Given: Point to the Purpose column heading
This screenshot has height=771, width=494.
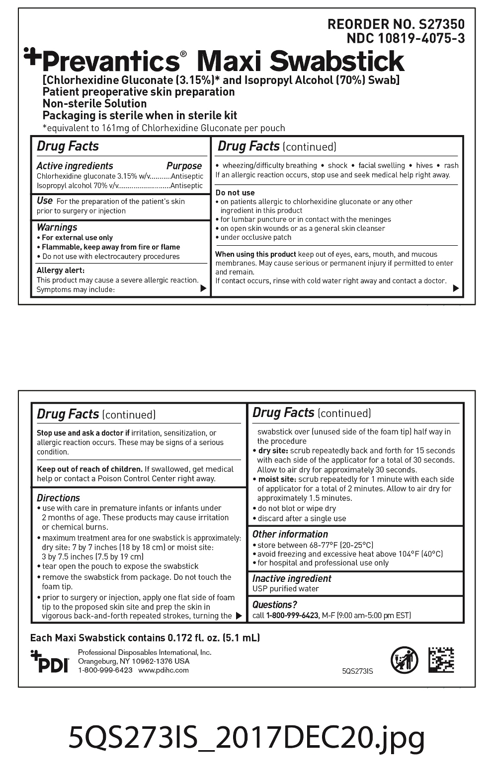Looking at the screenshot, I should pos(184,166).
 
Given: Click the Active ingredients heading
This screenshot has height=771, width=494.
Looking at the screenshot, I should pos(75,166).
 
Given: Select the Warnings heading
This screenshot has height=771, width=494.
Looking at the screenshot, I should pos(57,227).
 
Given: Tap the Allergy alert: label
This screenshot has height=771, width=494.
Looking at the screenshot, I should pos(61,271).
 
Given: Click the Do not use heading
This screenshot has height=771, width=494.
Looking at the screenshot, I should pos(235,193).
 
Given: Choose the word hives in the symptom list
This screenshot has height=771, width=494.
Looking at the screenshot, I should pos(424,165).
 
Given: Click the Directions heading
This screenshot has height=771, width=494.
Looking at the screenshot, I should pos(58,498).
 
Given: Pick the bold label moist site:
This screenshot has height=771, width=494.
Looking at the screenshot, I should pos(277,479).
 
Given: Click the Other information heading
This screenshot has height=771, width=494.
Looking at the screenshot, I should pos(290,534).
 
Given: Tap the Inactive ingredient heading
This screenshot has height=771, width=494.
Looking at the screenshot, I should pos(292,578).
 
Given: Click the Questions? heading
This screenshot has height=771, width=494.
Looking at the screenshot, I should pos(274,605).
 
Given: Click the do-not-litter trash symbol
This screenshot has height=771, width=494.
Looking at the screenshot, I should pos(404,660).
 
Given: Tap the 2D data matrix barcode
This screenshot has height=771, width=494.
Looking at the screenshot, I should pos(441,660).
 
